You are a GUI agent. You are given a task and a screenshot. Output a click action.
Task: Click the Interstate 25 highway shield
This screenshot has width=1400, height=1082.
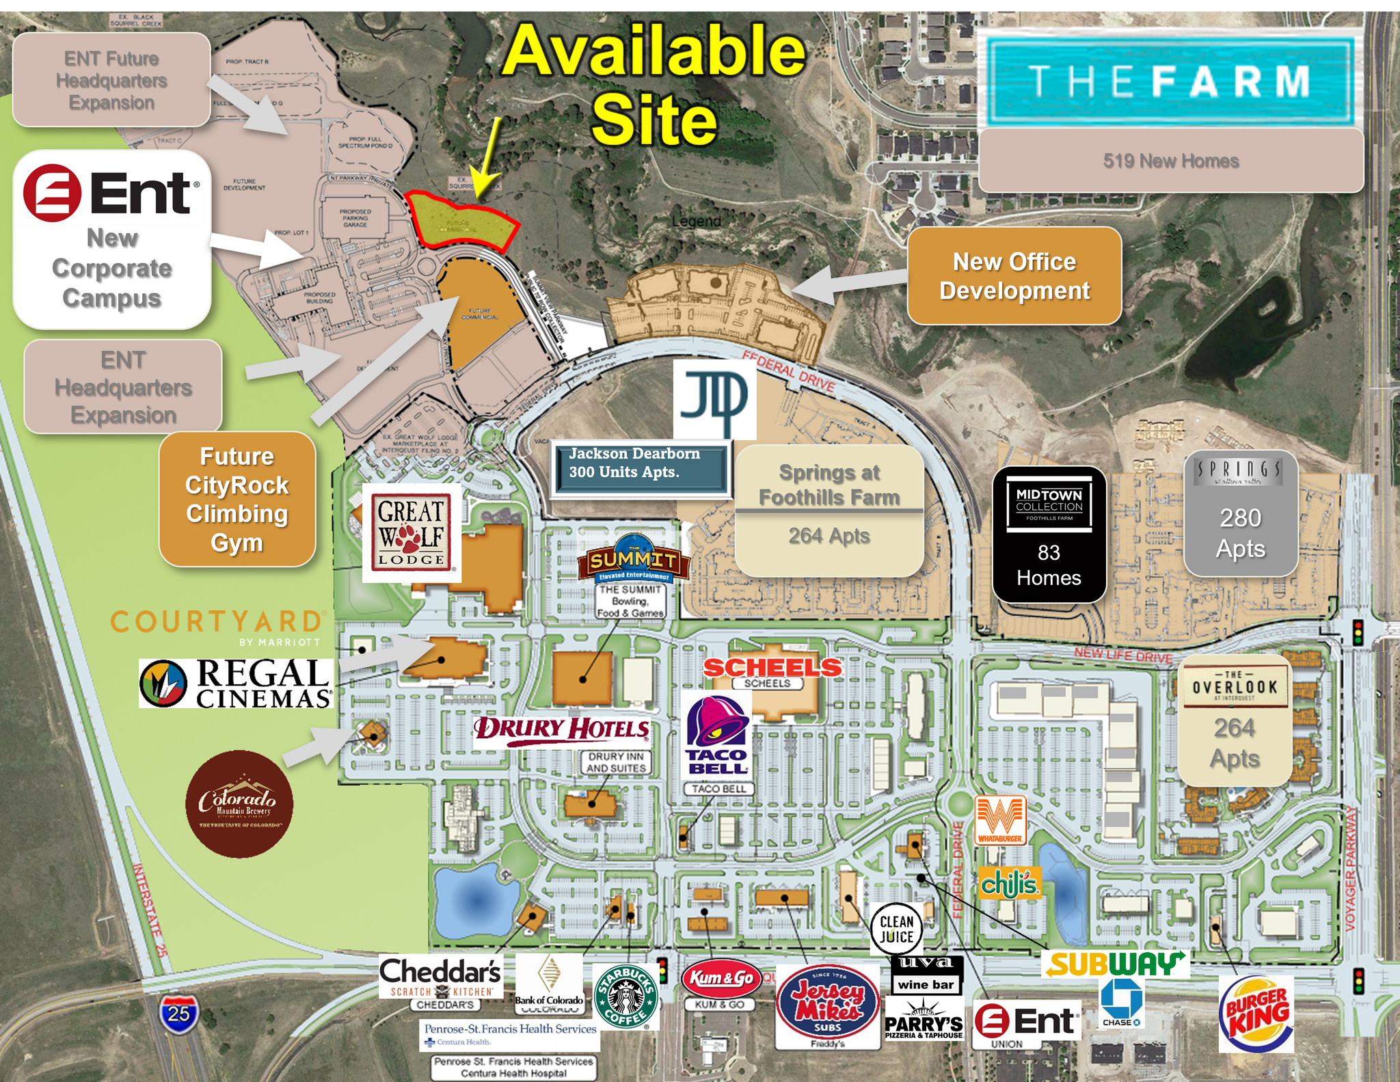pyautogui.click(x=179, y=1013)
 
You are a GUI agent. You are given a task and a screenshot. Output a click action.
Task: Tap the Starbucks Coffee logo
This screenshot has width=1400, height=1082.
pyautogui.click(x=626, y=996)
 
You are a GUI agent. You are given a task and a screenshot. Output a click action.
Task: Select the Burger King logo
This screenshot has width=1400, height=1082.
pyautogui.click(x=1256, y=1014)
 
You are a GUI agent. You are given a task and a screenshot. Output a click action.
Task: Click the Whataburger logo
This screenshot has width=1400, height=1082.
pyautogui.click(x=1000, y=820)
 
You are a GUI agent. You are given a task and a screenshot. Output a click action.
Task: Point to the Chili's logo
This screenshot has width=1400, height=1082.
pyautogui.click(x=1010, y=884)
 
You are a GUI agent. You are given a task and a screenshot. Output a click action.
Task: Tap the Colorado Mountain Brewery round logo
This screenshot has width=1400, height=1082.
pyautogui.click(x=239, y=804)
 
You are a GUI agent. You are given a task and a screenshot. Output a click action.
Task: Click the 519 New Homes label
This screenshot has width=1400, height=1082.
pyautogui.click(x=1170, y=161)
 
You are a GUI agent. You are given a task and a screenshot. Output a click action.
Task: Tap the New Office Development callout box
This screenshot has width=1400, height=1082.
pyautogui.click(x=1014, y=275)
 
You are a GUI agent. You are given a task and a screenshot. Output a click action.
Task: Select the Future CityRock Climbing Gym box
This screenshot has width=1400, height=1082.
pyautogui.click(x=237, y=499)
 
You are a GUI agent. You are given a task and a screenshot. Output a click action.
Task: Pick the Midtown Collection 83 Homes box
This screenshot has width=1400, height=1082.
pyautogui.click(x=1049, y=534)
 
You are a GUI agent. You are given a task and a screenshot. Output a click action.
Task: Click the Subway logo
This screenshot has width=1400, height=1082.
pyautogui.click(x=1115, y=964)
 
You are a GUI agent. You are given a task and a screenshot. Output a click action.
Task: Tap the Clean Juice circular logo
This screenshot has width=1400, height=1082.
pyautogui.click(x=896, y=929)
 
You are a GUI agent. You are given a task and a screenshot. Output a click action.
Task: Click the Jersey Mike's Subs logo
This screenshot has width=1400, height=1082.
pyautogui.click(x=827, y=1003)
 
